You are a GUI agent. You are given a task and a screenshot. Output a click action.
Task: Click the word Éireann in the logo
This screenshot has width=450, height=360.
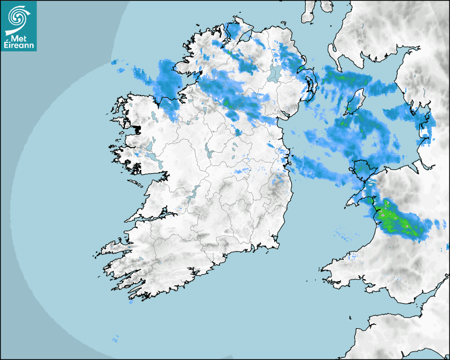(19, 46)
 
